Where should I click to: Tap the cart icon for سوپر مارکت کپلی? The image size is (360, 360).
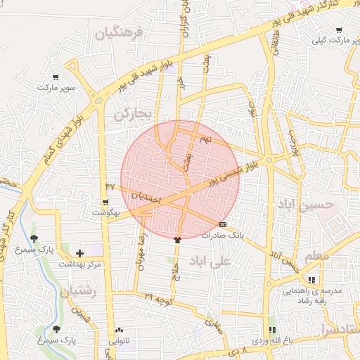click(339, 31)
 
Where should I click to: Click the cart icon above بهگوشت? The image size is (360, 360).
click(105, 202)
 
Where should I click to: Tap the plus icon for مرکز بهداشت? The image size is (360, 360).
click(79, 253)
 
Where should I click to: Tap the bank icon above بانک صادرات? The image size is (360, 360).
click(223, 225)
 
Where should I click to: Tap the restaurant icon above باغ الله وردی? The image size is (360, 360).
click(271, 330)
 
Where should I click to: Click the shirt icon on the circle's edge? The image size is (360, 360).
click(177, 239)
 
